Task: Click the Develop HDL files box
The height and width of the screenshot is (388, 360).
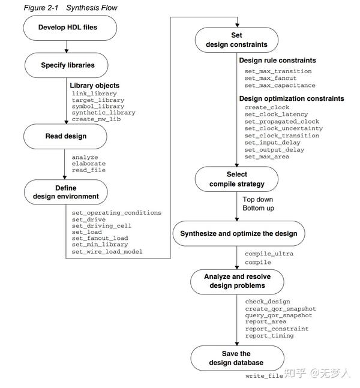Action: tap(67, 28)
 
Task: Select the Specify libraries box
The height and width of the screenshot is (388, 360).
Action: tap(67, 65)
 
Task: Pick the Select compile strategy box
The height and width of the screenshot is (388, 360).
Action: tap(236, 179)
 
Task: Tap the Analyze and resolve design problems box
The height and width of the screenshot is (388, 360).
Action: tap(236, 281)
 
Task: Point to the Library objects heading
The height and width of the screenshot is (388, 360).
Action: tap(95, 86)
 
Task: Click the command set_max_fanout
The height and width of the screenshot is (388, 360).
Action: tap(271, 79)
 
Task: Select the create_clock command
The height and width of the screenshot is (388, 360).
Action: tap(267, 107)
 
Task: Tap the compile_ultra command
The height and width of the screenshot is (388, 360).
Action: tap(269, 254)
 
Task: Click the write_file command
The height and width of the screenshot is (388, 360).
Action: tap(264, 376)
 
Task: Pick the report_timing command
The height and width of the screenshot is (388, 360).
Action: tap(269, 336)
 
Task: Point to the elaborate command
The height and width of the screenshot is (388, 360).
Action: tap(89, 163)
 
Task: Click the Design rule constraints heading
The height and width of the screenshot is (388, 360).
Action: tap(277, 61)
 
